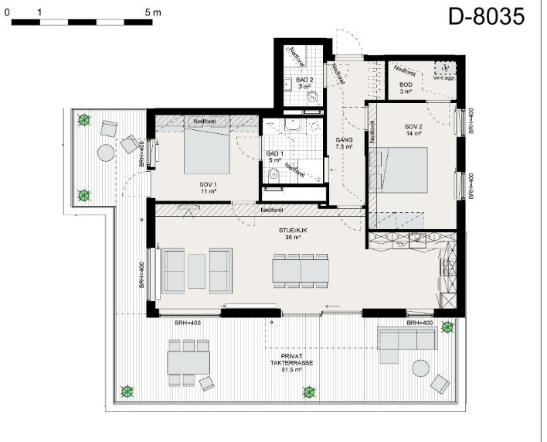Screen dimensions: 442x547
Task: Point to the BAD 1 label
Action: [276, 156]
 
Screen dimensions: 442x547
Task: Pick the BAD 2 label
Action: [306, 83]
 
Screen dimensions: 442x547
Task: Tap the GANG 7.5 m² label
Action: [344, 142]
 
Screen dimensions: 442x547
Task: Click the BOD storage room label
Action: [406, 87]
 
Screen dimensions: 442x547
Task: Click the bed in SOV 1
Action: [206, 149]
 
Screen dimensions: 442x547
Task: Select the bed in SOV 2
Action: [403, 169]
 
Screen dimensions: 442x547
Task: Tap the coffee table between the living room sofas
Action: [197, 271]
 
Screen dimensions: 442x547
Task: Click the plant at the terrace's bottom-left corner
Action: [126, 392]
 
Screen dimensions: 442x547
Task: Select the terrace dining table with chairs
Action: [189, 361]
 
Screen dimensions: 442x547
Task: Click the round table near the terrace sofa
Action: [420, 368]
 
